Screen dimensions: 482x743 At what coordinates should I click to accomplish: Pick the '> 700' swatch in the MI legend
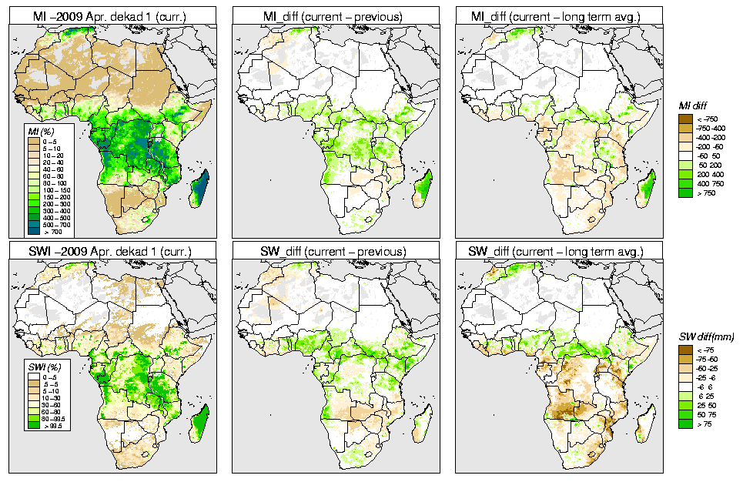pyautogui.click(x=34, y=231)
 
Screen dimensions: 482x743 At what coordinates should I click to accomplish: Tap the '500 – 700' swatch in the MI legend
pyautogui.click(x=34, y=223)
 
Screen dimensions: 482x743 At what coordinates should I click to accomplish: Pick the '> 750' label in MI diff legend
pyautogui.click(x=704, y=196)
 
